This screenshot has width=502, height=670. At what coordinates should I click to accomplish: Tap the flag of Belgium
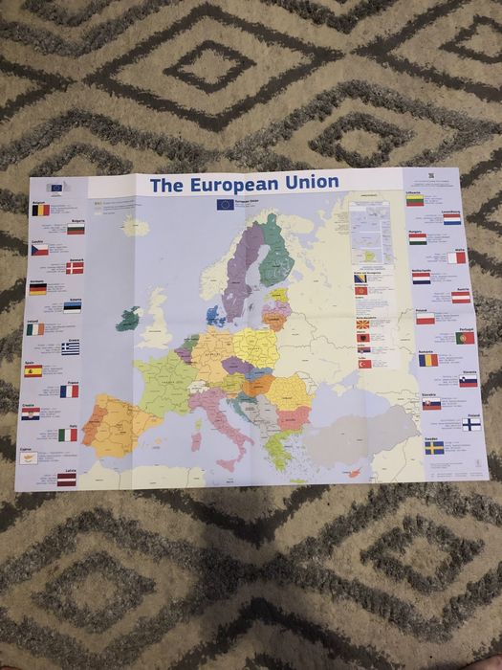[39, 210]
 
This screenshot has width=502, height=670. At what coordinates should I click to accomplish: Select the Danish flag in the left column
[75, 268]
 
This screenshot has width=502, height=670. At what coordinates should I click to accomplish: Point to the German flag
[37, 288]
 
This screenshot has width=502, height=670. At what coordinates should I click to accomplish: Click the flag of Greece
[71, 348]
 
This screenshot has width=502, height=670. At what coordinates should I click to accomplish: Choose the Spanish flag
[33, 370]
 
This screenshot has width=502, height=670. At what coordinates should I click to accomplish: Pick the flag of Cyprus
[29, 458]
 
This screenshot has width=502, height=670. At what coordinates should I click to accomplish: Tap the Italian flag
[68, 435]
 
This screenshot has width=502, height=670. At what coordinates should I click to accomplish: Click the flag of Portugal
[466, 338]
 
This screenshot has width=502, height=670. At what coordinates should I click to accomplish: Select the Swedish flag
[434, 447]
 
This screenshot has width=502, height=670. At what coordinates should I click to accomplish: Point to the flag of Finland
[471, 424]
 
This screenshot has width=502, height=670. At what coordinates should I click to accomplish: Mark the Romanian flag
[428, 360]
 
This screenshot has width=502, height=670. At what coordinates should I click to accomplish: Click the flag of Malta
[457, 257]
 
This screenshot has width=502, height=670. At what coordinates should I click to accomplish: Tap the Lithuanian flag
[414, 200]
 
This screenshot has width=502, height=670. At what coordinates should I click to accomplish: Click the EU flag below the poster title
[225, 204]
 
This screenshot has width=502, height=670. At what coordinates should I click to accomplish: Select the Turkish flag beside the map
[363, 364]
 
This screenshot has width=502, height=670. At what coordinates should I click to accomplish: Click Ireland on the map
[126, 320]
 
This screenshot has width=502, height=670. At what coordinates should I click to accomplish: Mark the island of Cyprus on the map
[353, 472]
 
